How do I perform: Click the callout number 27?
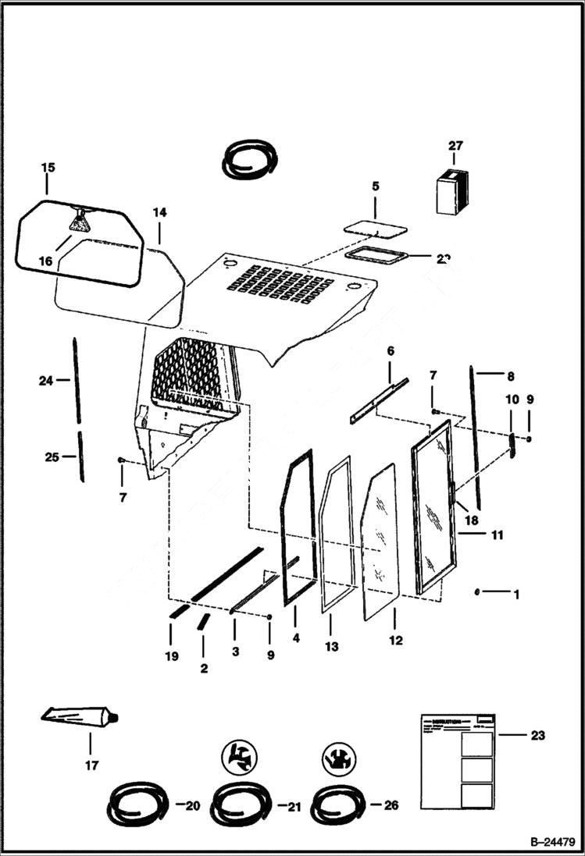pyautogui.click(x=455, y=145)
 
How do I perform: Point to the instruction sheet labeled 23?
pyautogui.click(x=458, y=761)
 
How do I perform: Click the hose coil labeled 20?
pyautogui.click(x=137, y=803)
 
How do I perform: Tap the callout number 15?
pyautogui.click(x=48, y=168)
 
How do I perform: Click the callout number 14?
pyautogui.click(x=159, y=212)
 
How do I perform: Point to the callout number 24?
pyautogui.click(x=45, y=381)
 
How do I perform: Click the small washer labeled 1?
pyautogui.click(x=476, y=592)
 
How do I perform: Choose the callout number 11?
pyautogui.click(x=496, y=535)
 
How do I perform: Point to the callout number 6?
pyautogui.click(x=391, y=351)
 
